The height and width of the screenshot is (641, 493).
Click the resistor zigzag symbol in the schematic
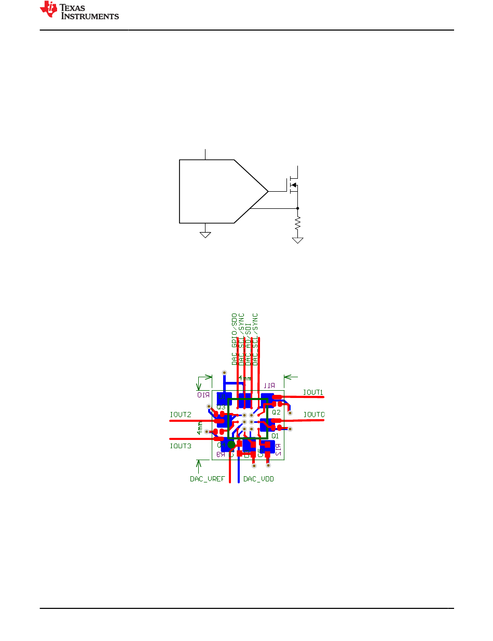click(x=297, y=223)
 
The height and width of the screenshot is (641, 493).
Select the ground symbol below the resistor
click(x=297, y=240)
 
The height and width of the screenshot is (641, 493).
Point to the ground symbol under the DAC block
click(x=206, y=234)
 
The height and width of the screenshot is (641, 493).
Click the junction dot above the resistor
click(x=297, y=208)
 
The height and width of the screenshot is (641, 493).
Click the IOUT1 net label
click(x=313, y=392)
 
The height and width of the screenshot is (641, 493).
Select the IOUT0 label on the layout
click(x=314, y=415)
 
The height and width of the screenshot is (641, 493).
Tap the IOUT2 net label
click(x=180, y=415)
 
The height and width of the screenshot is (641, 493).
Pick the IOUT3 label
click(x=180, y=446)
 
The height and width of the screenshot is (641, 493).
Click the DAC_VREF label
click(x=207, y=479)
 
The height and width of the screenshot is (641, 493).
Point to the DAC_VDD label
click(x=258, y=479)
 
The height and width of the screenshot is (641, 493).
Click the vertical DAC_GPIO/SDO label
click(x=234, y=339)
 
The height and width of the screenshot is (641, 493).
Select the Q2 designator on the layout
click(x=276, y=411)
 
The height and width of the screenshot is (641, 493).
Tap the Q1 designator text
click(x=275, y=436)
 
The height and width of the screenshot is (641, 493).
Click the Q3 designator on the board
click(x=221, y=407)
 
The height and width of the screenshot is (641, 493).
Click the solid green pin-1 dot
click(x=231, y=445)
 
